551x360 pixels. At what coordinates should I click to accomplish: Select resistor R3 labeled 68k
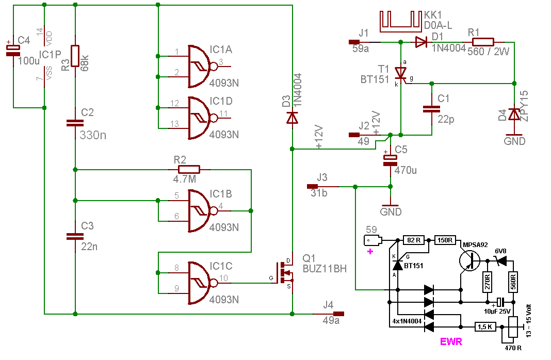(75, 56)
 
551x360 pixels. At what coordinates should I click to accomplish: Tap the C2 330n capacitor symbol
(75, 123)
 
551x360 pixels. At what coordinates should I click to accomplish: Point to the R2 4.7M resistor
(189, 169)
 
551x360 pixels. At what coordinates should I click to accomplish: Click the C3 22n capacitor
(75, 236)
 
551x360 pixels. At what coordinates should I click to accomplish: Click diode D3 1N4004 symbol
(292, 119)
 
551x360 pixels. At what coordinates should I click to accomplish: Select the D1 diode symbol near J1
(421, 42)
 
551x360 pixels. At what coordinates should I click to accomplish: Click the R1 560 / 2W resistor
(483, 42)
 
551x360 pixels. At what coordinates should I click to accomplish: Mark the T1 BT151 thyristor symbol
(401, 74)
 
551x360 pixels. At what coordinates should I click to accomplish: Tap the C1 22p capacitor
(431, 108)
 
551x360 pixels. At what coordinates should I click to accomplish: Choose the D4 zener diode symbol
(514, 114)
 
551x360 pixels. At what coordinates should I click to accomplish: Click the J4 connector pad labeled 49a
(338, 313)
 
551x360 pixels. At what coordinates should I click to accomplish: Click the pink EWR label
(450, 341)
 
